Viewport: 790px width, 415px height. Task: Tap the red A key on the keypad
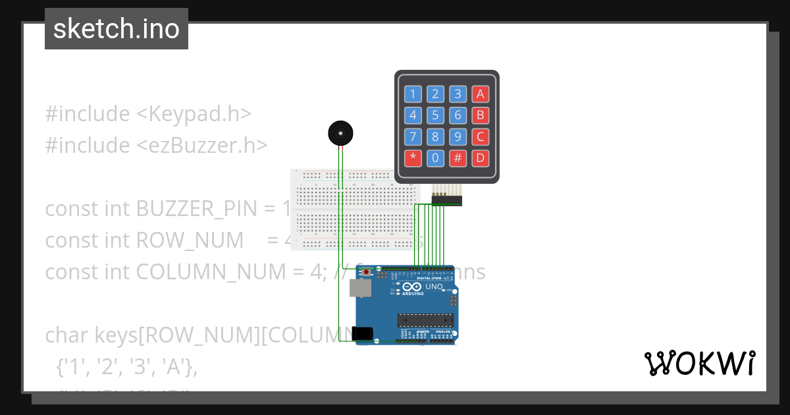480,94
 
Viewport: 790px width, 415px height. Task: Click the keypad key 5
435,116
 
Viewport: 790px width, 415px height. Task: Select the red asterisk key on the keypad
413,158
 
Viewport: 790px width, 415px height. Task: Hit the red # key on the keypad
458,158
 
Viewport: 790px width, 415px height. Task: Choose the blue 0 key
435,158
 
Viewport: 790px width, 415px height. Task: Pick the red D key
480,158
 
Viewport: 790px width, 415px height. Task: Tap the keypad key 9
458,137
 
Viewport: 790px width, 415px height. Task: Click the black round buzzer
340,134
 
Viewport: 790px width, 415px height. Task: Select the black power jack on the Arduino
363,334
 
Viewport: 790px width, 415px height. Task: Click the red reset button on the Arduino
367,271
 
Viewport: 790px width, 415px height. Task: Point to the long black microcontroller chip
425,320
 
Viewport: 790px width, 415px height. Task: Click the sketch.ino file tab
117,29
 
